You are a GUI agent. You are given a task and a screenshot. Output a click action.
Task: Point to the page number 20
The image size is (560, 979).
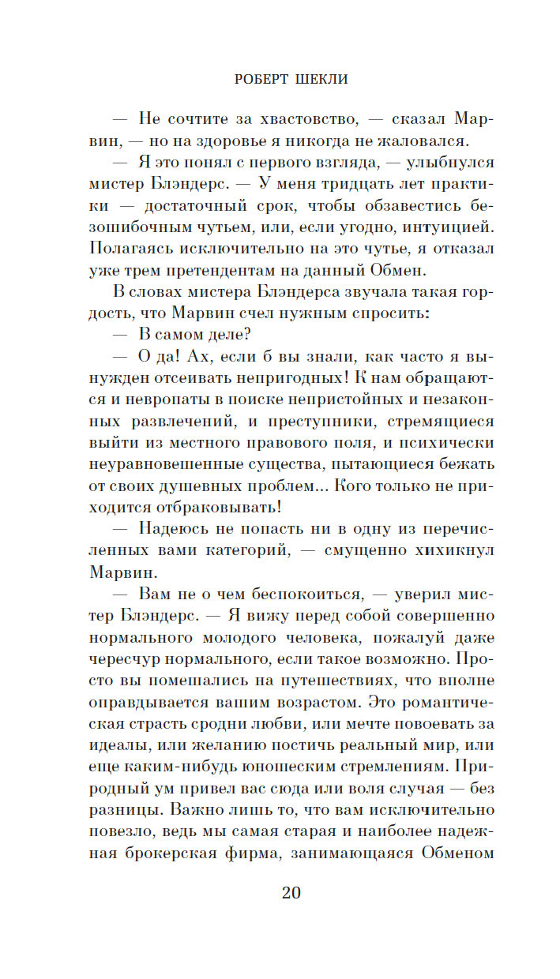tap(291, 893)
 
